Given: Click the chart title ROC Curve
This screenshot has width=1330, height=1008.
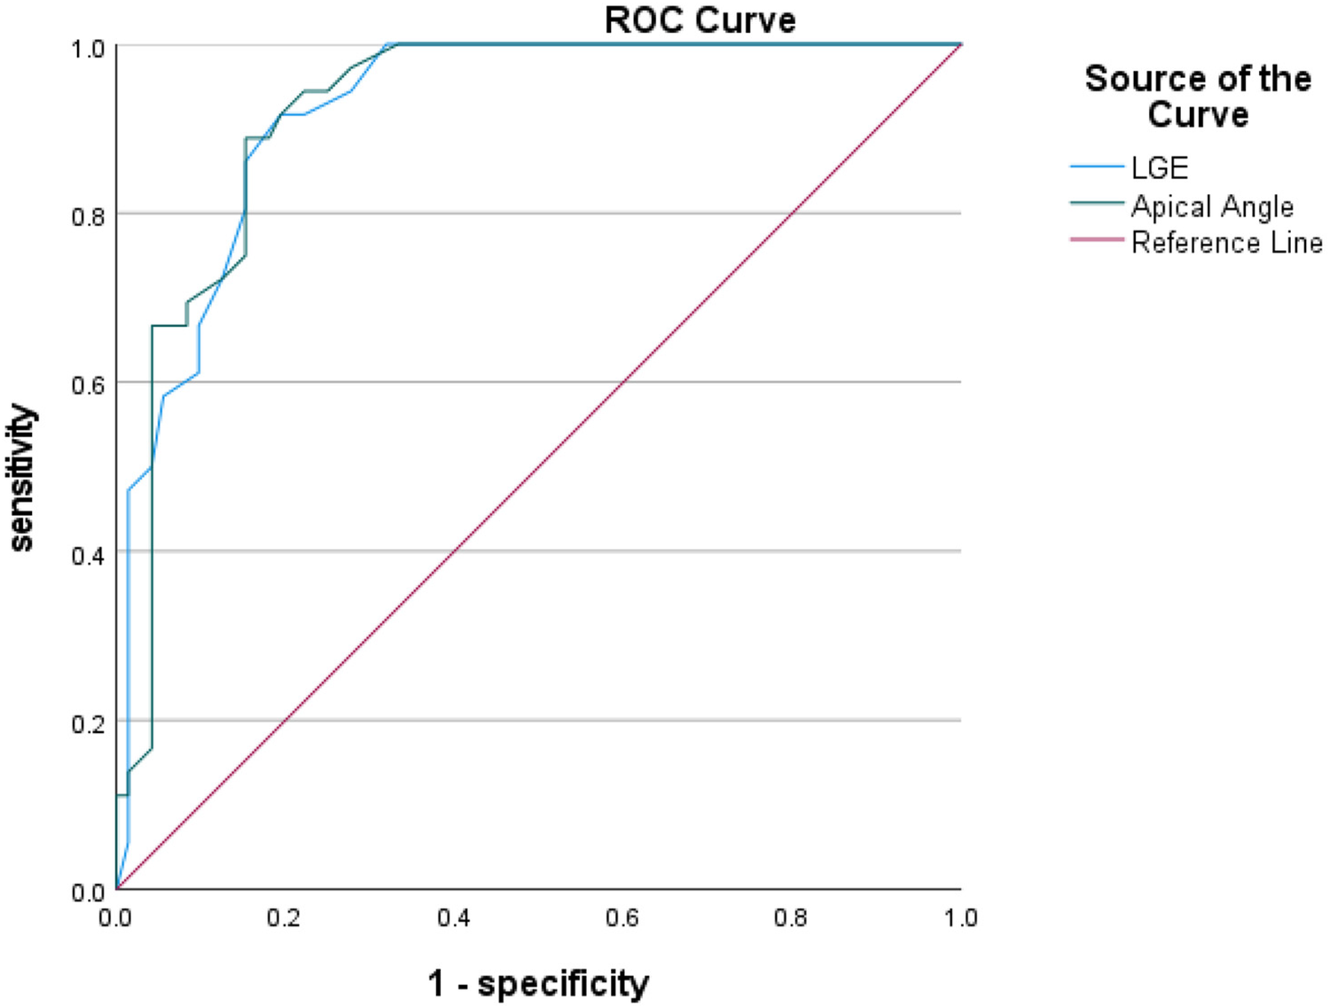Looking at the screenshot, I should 700,20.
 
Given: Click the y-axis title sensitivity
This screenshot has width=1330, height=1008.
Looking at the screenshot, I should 21,479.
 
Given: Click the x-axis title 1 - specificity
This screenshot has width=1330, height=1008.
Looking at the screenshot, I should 538,983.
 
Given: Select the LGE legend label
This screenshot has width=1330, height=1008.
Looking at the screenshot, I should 1159,168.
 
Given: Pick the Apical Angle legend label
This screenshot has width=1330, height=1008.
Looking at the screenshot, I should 1212,207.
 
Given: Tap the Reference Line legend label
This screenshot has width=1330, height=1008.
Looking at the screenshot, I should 1226,242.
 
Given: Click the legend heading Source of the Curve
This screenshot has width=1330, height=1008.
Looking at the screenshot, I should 1198,96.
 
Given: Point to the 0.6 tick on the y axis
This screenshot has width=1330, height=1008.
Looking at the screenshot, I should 88,385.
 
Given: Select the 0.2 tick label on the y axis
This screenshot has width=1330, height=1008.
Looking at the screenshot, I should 88,723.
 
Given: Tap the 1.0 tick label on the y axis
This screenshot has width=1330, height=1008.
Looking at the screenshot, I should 88,48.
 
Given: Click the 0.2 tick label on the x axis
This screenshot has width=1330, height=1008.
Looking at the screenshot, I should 284,918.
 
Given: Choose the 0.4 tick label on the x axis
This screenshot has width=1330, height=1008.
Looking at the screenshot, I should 453,918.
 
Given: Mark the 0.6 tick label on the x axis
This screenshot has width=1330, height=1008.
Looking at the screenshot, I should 622,918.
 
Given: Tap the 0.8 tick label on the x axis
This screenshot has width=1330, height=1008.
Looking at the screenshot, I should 790,918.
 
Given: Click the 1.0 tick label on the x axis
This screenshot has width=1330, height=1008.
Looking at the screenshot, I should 960,918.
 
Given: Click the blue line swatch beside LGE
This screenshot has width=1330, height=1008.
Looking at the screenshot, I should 1097,167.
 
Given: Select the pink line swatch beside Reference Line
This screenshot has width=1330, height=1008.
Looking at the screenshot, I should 1097,239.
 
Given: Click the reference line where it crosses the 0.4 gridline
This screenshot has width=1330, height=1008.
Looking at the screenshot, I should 454,551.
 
